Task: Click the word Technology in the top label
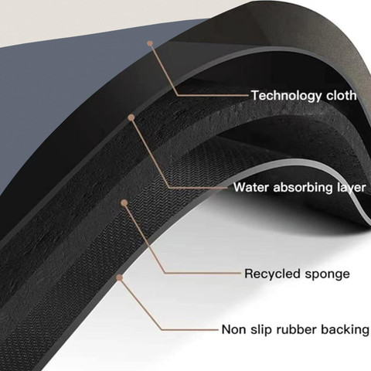287,96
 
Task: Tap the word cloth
342,95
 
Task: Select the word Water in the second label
251,187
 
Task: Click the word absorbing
303,187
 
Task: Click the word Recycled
273,274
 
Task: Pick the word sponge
327,274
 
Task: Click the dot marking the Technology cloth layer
150,43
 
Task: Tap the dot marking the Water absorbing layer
131,117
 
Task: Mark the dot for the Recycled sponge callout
124,203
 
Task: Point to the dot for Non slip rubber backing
119,277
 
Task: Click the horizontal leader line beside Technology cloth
213,95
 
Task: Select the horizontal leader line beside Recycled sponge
203,273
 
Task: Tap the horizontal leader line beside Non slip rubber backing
190,329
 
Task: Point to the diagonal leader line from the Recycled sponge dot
145,238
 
